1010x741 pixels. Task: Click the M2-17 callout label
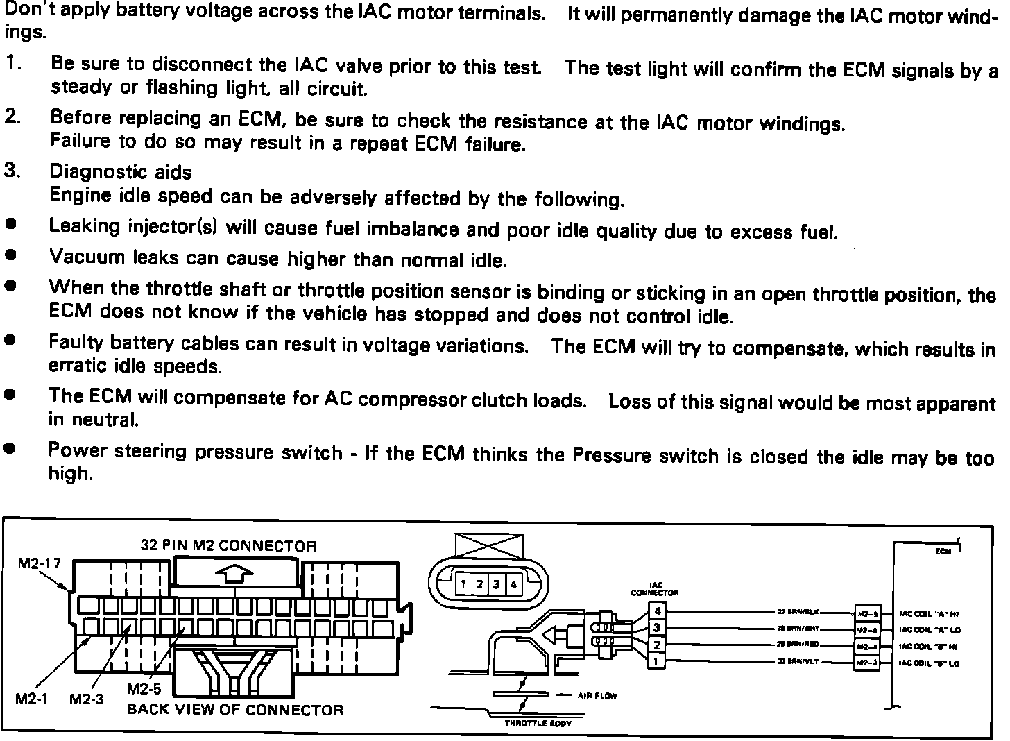coord(39,563)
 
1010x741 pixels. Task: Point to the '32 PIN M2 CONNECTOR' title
coord(228,545)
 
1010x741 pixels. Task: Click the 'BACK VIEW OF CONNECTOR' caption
coord(235,710)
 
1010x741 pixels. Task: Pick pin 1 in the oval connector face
coord(463,584)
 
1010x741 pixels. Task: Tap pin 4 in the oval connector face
coord(513,584)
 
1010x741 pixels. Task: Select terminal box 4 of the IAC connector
coord(656,611)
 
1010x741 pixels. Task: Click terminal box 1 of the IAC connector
coord(656,662)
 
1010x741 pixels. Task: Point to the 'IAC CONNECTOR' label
coord(654,589)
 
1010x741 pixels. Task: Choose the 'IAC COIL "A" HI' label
coord(929,613)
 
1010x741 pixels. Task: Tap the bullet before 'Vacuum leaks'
coord(10,255)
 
